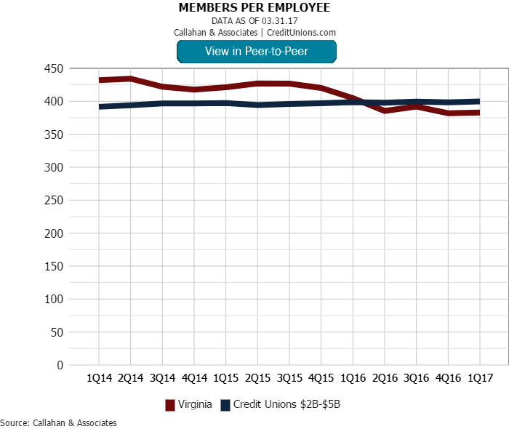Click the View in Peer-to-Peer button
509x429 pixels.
pos(256,51)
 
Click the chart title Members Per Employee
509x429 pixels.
pos(254,8)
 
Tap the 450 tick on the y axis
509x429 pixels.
pos(55,68)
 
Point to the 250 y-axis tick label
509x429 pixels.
pos(55,201)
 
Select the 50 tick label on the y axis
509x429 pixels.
pos(57,332)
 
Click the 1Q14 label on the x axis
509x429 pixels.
pos(99,378)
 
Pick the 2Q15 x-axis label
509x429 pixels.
pos(257,378)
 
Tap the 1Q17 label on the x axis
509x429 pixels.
pos(480,378)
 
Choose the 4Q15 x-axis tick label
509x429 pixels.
pos(321,378)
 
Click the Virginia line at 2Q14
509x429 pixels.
pos(130,79)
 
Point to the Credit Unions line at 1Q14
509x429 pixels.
pos(99,107)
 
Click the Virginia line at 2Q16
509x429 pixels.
pos(385,111)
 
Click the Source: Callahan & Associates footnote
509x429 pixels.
pos(58,422)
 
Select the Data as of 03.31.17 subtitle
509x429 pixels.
pos(254,20)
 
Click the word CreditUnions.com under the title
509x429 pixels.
pos(301,32)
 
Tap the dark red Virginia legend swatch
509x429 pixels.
pos(170,405)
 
